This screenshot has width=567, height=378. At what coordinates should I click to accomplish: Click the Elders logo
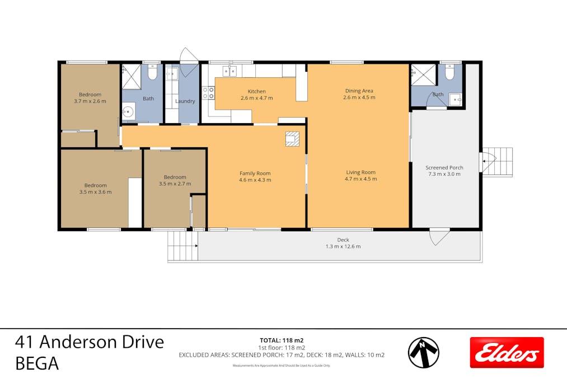pos(507,352)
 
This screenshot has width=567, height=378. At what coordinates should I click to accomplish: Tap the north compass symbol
pos(423,352)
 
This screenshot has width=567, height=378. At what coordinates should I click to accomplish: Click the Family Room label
pos(255,176)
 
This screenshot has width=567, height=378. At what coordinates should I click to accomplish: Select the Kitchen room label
pos(256,95)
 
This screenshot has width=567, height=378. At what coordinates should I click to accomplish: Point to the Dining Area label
pos(359,94)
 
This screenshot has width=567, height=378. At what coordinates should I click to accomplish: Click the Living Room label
pos(360,175)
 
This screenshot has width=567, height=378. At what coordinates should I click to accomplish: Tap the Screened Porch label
pos(444,171)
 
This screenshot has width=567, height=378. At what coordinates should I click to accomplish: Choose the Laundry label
pos(185,101)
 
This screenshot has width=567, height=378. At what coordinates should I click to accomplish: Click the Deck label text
pos(343,243)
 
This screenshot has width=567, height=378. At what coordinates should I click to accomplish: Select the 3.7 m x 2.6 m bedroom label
pos(90,97)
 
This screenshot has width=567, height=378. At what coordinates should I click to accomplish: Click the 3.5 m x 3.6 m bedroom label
pos(95,188)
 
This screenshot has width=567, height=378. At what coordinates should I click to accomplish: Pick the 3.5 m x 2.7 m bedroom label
pos(175,180)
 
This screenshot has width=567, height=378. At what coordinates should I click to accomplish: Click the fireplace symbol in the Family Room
pos(293,138)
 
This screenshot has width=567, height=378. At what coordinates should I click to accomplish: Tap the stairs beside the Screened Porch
pos(498,162)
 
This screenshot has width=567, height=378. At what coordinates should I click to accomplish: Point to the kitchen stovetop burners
pos(208,92)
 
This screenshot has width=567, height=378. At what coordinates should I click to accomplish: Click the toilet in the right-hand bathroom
pos(449,73)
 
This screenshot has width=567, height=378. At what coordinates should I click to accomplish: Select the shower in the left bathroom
pos(132,76)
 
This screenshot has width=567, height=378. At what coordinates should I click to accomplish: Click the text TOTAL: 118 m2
pos(282,340)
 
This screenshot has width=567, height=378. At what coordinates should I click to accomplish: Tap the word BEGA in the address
pos(37,364)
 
